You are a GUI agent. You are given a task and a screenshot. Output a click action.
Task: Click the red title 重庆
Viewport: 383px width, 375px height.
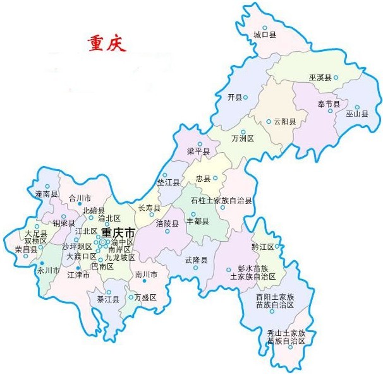107,44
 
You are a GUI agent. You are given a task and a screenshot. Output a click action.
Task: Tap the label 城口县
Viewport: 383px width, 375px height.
264,35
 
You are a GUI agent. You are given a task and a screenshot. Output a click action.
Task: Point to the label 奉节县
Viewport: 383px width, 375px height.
329,104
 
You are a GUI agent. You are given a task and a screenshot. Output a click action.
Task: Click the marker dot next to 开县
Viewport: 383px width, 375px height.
245,97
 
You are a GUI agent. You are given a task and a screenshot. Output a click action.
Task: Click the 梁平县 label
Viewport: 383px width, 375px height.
198,152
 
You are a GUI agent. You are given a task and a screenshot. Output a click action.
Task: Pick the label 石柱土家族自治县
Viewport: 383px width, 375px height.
221,200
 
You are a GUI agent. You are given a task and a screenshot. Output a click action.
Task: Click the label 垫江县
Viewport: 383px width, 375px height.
168,183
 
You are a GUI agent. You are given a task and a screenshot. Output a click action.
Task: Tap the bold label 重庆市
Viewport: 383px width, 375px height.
118,233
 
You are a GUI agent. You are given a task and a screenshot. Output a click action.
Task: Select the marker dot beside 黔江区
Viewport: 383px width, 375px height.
277,246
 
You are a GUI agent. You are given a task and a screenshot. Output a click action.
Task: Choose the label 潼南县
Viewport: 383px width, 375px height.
47,194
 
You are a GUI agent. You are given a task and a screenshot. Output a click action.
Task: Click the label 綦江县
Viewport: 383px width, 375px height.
99,299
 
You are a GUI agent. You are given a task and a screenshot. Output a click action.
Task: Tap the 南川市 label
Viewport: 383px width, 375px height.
146,275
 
